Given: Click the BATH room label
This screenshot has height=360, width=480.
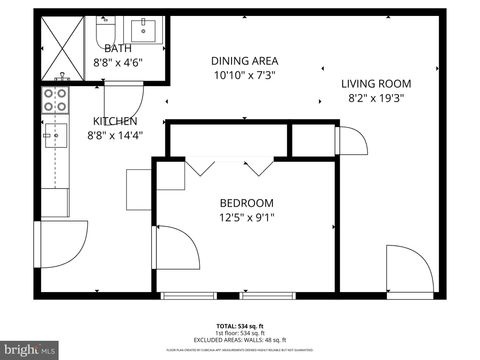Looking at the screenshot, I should (117, 47).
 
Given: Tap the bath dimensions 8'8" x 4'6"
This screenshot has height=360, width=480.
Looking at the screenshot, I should (117, 62).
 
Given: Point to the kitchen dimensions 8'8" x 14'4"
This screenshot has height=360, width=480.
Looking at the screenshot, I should (115, 135).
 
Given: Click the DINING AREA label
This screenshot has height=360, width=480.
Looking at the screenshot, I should (244, 60).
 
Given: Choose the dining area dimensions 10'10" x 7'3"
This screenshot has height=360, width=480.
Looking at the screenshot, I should (244, 75).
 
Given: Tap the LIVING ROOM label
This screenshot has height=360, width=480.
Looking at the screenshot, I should (376, 84).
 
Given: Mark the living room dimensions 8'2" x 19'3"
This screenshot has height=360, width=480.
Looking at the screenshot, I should (376, 98).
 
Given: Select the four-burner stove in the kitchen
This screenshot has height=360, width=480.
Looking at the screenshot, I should (54, 101).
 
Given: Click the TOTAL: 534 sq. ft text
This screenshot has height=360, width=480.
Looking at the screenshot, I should (240, 327).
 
